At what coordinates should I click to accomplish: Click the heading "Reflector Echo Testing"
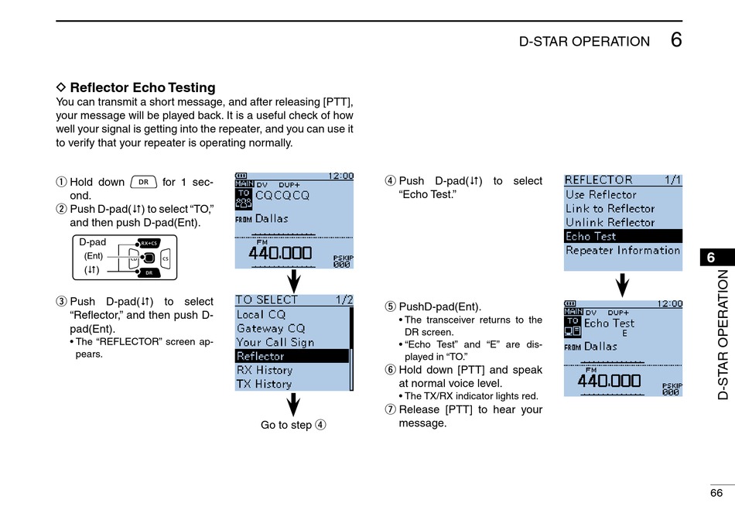[x=142, y=87]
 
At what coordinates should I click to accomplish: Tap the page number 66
[x=716, y=493]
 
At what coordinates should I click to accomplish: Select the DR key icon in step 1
[x=143, y=182]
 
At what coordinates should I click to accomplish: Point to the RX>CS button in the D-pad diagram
[x=149, y=243]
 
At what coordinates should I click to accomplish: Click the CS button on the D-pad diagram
[x=165, y=258]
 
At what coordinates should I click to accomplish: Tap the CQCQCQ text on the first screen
[x=282, y=195]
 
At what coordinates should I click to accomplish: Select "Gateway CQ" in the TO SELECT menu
[x=271, y=328]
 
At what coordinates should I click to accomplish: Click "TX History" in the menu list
[x=265, y=384]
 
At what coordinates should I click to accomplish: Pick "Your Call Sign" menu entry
[x=275, y=342]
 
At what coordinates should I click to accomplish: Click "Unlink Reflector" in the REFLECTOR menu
[x=610, y=222]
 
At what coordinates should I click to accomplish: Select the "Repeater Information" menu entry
[x=623, y=250]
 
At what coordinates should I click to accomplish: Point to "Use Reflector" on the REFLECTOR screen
[x=601, y=194]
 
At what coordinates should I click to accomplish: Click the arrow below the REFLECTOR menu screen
[x=623, y=284]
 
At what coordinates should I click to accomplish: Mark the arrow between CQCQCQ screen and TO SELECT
[x=294, y=280]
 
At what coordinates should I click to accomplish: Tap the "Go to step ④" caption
[x=293, y=425]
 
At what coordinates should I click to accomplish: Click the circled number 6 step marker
[x=391, y=370]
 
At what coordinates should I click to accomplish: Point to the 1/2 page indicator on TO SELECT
[x=344, y=299]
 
